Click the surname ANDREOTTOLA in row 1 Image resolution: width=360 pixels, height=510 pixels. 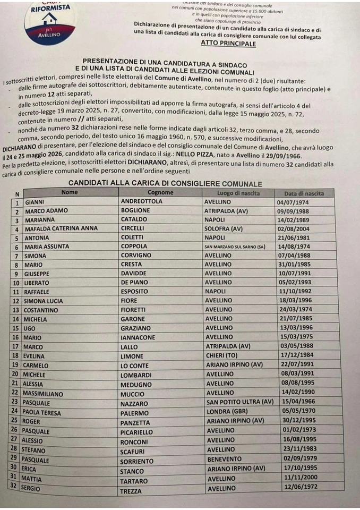coord(142,202)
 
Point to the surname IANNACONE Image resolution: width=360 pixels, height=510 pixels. coord(141,337)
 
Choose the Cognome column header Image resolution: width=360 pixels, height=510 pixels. coord(160,192)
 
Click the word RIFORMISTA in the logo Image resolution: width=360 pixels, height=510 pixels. coord(50,9)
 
